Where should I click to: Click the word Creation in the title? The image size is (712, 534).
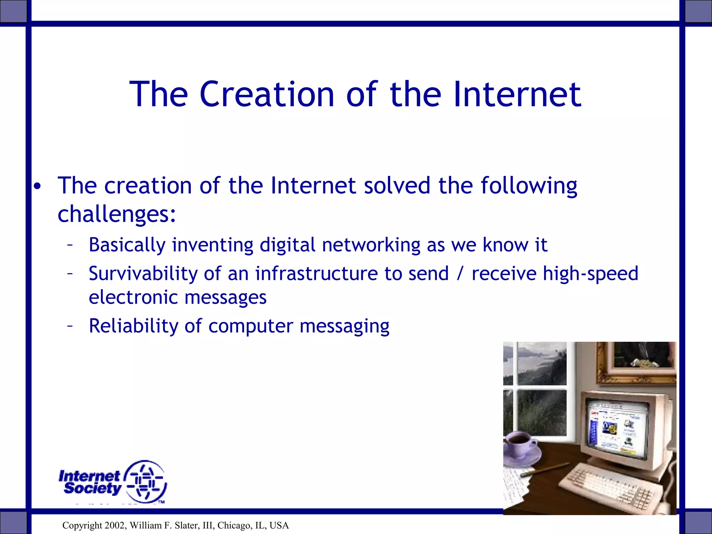(267, 94)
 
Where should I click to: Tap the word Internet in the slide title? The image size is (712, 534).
(517, 94)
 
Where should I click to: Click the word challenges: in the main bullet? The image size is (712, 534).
(117, 214)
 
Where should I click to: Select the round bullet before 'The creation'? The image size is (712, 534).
(38, 187)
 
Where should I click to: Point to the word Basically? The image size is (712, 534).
(127, 245)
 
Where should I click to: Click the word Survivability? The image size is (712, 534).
(143, 274)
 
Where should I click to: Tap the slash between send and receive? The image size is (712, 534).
(460, 274)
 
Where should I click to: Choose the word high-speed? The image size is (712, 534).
(590, 274)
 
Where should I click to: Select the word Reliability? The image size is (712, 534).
(133, 326)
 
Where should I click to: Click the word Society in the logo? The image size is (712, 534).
(92, 488)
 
